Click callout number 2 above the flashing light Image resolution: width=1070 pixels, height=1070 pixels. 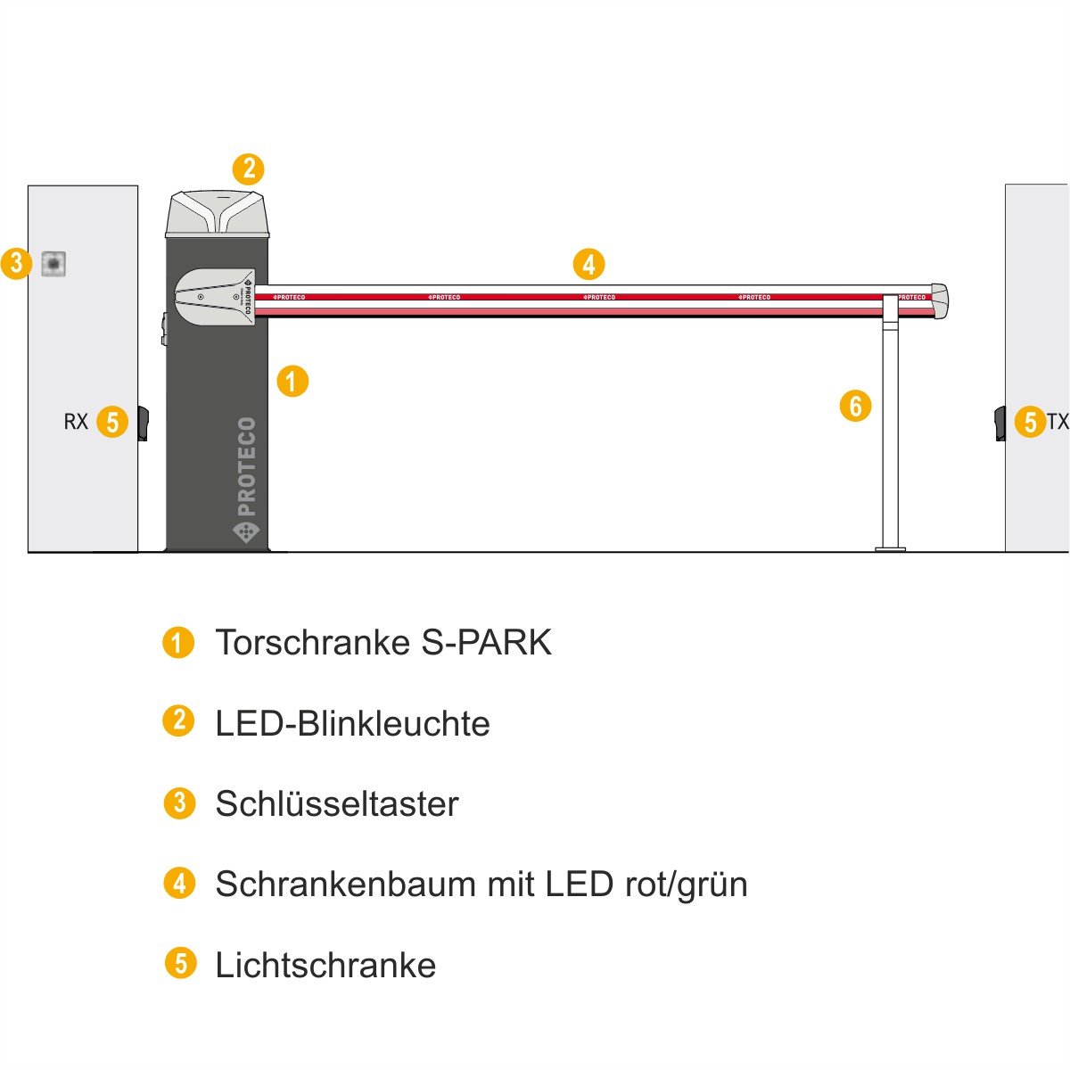coord(248,169)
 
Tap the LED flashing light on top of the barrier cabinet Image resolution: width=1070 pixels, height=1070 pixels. coord(217,214)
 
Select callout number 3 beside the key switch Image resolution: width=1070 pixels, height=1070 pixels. coord(16,263)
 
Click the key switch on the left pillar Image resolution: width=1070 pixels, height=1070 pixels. coord(53,263)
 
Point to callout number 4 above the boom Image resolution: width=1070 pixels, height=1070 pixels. coord(589,264)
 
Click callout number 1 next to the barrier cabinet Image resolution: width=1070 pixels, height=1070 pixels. coord(292,381)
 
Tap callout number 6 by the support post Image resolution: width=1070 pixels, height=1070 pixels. coord(855,406)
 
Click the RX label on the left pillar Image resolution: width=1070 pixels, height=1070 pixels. coord(76,422)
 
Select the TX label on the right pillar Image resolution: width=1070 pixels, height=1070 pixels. coord(1058,422)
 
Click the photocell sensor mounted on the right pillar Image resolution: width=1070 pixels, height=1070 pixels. coord(1000,424)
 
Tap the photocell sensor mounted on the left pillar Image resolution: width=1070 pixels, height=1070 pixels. coord(144,424)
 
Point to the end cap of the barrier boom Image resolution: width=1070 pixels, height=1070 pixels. coord(940,301)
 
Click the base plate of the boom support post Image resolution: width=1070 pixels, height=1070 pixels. coord(890,549)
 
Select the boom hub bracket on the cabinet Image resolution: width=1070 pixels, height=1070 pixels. coord(215,297)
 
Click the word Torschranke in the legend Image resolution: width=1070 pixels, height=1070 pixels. coord(313,642)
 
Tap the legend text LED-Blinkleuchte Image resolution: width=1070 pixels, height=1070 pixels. coord(352,723)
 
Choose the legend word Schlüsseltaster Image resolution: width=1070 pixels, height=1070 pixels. coord(337,803)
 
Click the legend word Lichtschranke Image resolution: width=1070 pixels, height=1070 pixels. coord(325,965)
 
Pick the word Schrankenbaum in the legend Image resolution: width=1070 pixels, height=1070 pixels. coord(345,884)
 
